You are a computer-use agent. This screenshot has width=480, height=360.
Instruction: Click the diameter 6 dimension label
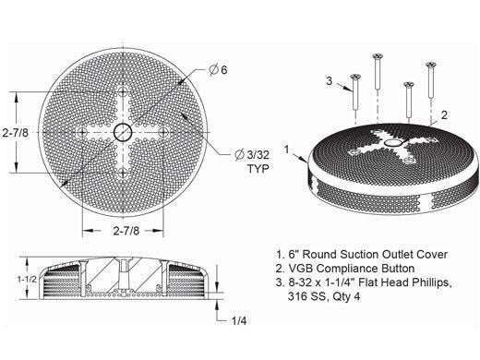[x=218, y=70]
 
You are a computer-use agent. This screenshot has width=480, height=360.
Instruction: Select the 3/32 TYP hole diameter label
[x=252, y=162]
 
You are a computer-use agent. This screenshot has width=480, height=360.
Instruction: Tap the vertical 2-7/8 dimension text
[x=15, y=133]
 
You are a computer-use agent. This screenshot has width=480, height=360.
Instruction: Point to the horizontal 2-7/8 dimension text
[x=126, y=231]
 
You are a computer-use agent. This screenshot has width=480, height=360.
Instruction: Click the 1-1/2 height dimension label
[x=27, y=279]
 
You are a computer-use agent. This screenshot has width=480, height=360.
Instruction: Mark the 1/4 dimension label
[x=239, y=321]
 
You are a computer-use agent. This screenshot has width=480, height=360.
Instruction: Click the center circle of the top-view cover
[x=123, y=133]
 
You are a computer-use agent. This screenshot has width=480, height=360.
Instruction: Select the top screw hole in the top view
[x=123, y=91]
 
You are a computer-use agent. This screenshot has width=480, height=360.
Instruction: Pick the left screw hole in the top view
[x=82, y=133]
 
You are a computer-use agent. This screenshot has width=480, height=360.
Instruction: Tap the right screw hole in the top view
[x=163, y=133]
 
